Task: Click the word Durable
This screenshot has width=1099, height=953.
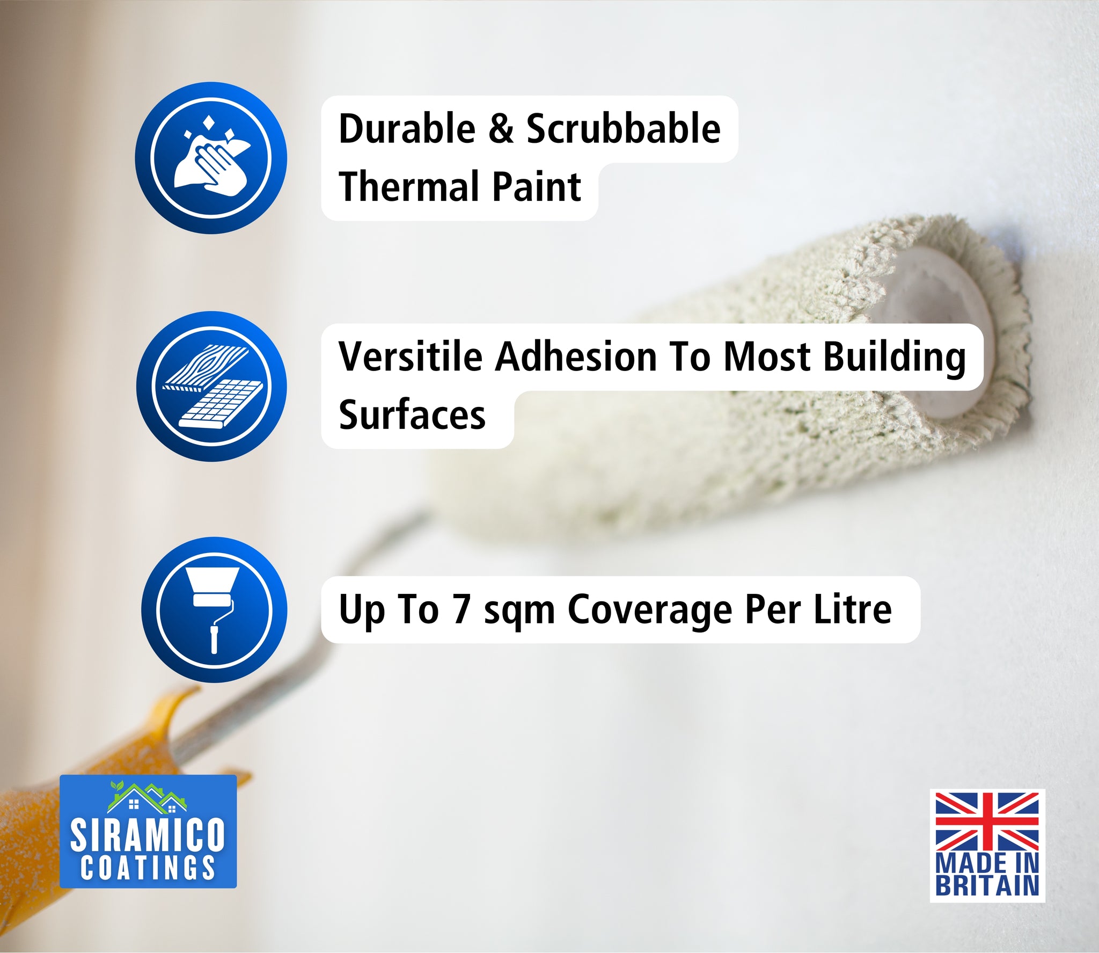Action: pyautogui.click(x=407, y=129)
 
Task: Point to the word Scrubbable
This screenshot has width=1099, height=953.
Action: pyautogui.click(x=624, y=129)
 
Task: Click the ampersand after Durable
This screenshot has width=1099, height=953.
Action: pyautogui.click(x=501, y=129)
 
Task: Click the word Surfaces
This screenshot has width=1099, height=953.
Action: pyautogui.click(x=412, y=414)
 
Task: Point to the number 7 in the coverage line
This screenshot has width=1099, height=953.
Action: pyautogui.click(x=461, y=610)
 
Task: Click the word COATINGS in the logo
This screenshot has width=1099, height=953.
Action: pyautogui.click(x=148, y=867)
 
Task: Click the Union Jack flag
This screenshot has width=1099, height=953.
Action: pyautogui.click(x=987, y=821)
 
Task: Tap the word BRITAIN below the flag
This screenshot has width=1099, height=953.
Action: pyautogui.click(x=987, y=885)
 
